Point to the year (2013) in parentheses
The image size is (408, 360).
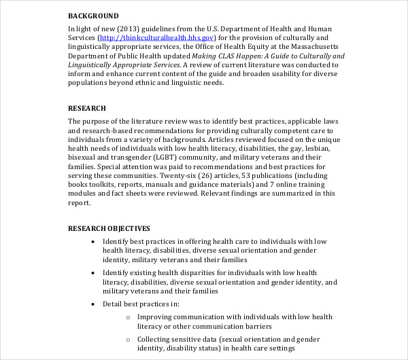(131, 29)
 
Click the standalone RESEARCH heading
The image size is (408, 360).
(87, 108)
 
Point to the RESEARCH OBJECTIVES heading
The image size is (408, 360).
(109, 228)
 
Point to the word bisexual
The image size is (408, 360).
(84, 158)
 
